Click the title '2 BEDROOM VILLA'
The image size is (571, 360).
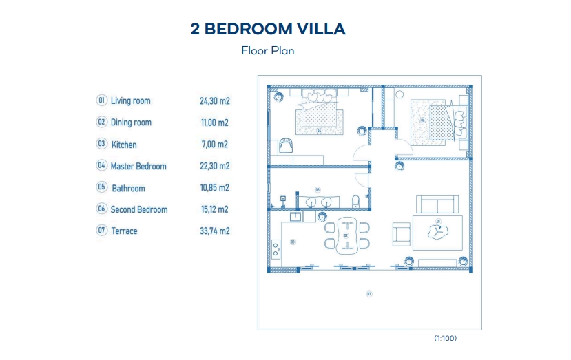coord(267,29)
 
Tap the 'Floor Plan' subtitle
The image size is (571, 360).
coord(267,50)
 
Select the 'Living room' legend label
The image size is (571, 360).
coord(130,101)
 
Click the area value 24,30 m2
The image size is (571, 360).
coord(214,101)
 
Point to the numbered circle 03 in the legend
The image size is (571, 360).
coord(102,144)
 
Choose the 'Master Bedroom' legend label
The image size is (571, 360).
coord(138,166)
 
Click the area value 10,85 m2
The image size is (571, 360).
coord(214,188)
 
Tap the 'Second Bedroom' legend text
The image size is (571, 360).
coord(138,209)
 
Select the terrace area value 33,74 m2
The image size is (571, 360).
coord(214,231)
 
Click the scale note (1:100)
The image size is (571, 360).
coord(445,338)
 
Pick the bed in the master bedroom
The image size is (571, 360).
coord(318,114)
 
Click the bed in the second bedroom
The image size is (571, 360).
coord(433,118)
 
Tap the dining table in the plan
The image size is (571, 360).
coord(346,236)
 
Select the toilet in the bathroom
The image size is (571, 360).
coord(355,201)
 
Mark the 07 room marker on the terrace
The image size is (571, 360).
coord(369,294)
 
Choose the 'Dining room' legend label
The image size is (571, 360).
coord(131,123)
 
